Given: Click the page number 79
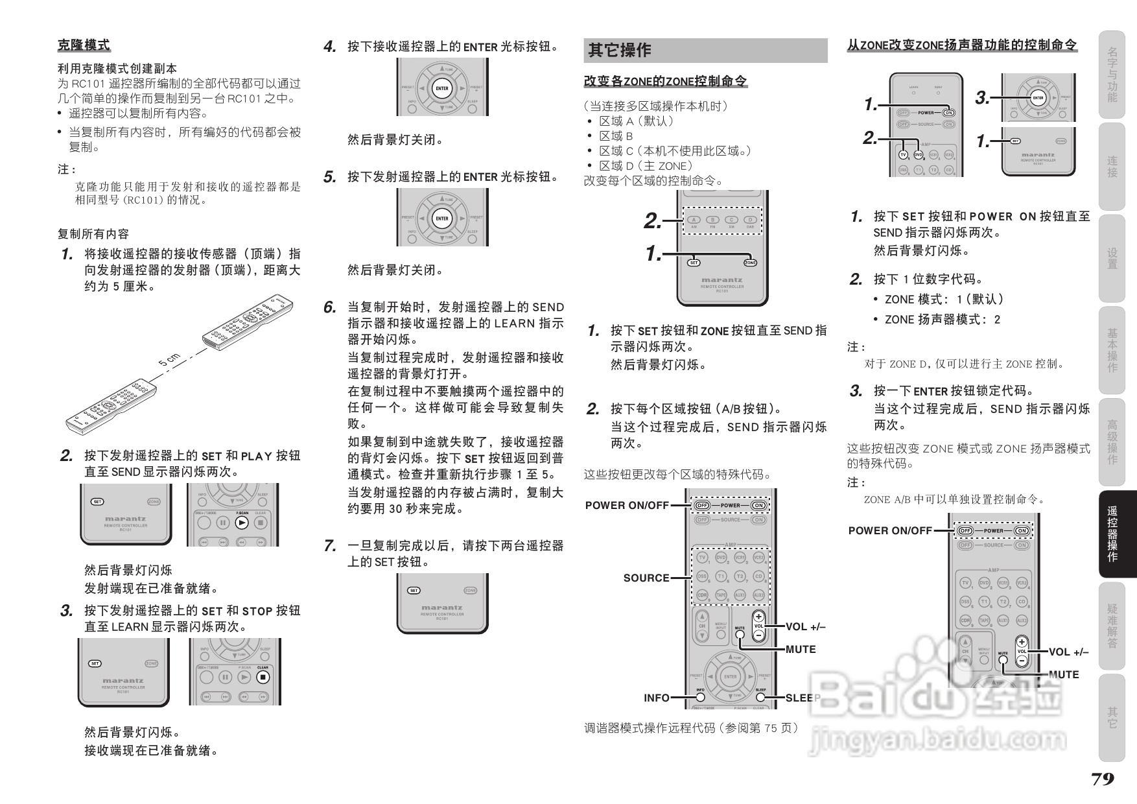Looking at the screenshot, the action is (1102, 779).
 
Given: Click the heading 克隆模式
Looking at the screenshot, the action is (84, 45).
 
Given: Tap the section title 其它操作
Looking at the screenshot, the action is (619, 50).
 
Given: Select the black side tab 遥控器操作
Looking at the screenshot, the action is (1112, 534).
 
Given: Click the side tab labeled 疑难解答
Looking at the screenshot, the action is (1112, 626).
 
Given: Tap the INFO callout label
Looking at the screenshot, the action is (656, 698).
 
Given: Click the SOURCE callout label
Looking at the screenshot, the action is (646, 578).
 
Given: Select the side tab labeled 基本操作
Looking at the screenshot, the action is (1112, 350).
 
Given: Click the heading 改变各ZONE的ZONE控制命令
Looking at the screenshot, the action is (665, 81).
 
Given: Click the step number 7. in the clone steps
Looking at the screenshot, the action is (330, 546).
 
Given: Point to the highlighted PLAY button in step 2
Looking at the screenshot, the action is (242, 523).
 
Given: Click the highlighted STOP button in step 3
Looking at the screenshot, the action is (263, 677).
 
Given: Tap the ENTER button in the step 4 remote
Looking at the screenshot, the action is (442, 89).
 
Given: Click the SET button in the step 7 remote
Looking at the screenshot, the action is (414, 591).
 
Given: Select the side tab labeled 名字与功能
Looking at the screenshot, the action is (1112, 74).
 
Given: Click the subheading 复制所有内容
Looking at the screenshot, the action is (93, 233).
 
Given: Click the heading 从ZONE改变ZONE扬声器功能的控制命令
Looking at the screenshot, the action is (962, 45).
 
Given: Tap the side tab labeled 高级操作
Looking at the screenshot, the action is (1112, 442).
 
